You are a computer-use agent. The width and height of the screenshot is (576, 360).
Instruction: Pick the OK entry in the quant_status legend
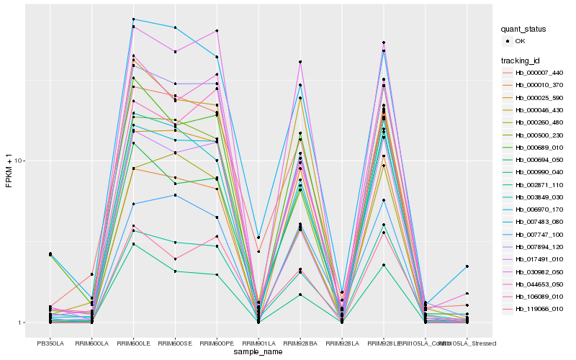point(520,42)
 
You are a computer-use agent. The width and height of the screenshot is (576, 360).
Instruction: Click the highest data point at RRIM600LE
point(134,19)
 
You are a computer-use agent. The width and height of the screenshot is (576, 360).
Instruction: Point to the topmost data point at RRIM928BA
point(300,62)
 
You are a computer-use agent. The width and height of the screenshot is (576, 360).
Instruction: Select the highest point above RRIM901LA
point(258,238)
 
